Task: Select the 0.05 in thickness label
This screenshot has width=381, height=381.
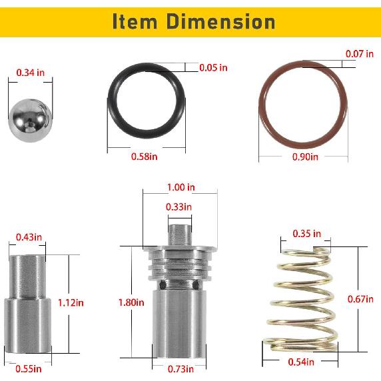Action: click(x=214, y=67)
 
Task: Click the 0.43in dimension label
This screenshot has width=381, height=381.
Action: click(x=29, y=236)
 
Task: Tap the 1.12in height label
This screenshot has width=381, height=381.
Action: click(x=71, y=302)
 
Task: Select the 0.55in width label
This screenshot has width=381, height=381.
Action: click(x=29, y=368)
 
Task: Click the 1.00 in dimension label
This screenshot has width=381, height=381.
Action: click(x=181, y=187)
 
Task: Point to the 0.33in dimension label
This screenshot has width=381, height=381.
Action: click(x=179, y=207)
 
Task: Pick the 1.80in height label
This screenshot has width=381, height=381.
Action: click(x=131, y=302)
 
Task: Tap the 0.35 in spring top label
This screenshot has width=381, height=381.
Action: click(x=307, y=234)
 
